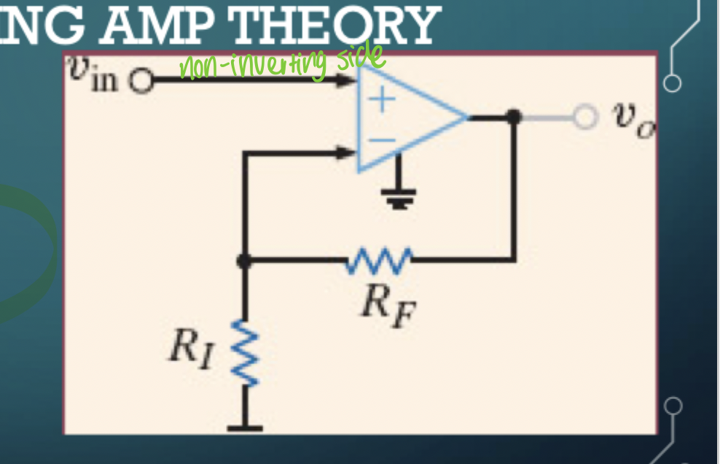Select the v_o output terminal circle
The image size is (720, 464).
[584, 117]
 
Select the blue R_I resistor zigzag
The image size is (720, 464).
[246, 355]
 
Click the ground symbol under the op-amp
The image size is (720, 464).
[399, 196]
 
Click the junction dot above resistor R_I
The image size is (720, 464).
[246, 260]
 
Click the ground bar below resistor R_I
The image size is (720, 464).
[246, 428]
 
